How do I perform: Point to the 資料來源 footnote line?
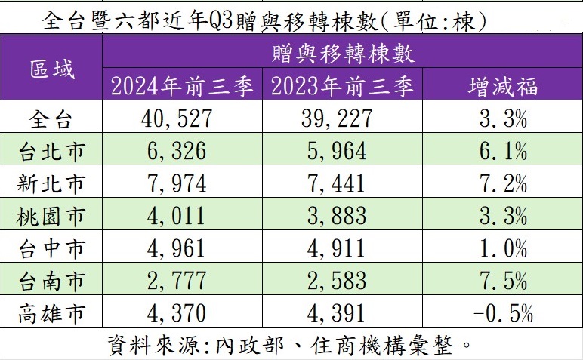pos(291,345)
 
